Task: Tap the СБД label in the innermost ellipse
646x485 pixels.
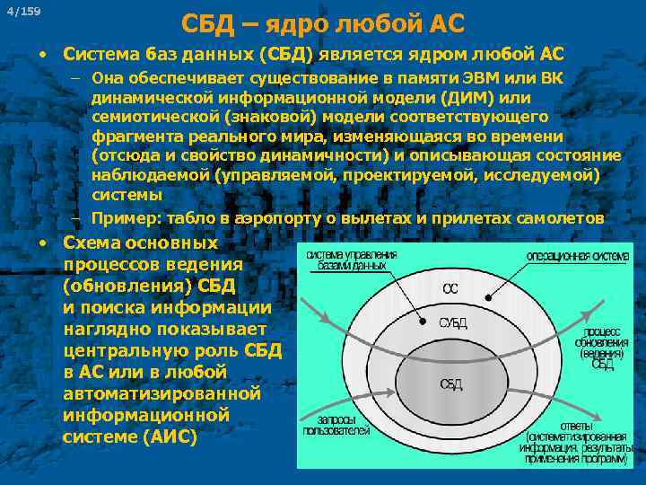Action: coord(451,384)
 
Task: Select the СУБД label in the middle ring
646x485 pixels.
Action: coord(452,322)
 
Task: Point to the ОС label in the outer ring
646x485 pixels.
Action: coord(450,289)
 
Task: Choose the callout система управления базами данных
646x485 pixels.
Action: coord(352,260)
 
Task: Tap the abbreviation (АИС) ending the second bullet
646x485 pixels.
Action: coord(168,437)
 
